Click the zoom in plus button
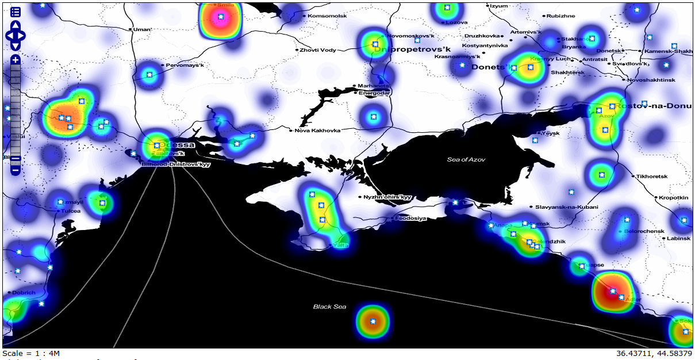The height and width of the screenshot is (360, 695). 16,60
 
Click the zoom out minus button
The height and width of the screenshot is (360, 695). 16,170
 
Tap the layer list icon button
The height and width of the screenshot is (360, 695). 16,12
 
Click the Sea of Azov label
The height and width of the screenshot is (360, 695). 466,159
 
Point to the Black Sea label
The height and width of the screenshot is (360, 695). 329,307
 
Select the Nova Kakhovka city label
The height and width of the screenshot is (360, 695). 317,131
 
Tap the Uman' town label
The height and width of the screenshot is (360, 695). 143,29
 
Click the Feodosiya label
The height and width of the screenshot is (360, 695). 410,219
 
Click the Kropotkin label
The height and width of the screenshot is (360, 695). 674,197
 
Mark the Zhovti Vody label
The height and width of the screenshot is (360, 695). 317,50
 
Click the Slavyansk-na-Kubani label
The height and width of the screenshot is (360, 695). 567,207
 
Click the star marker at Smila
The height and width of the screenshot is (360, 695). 220,17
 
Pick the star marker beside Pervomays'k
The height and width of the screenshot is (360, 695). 149,74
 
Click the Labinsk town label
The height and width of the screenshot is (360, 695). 679,238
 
